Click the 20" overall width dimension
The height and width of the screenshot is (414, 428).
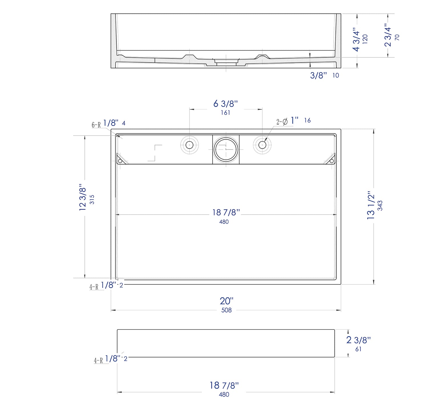(227, 301)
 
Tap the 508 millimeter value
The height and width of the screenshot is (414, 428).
(227, 310)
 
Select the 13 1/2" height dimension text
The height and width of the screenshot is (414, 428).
(371, 205)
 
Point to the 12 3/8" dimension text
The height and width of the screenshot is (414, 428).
(82, 197)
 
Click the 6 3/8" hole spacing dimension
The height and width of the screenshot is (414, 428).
(225, 104)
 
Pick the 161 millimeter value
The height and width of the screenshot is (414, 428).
(225, 113)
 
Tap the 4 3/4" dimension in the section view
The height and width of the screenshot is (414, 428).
(356, 39)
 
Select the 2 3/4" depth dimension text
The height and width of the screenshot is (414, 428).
(388, 35)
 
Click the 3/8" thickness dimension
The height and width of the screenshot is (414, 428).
(318, 75)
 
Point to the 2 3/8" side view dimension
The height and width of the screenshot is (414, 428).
(358, 340)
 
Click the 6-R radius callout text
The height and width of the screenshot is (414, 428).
(96, 125)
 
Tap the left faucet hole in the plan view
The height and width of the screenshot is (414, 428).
(189, 145)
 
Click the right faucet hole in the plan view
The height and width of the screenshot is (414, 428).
(262, 145)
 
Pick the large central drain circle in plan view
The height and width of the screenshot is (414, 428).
(226, 149)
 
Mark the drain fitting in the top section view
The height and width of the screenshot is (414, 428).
(226, 62)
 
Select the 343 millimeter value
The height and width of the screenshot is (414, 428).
(380, 206)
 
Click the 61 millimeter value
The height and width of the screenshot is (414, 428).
(358, 349)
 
